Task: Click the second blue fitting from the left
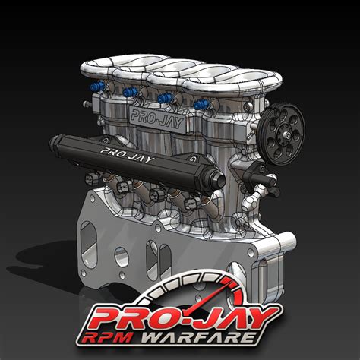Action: (x=130, y=93)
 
